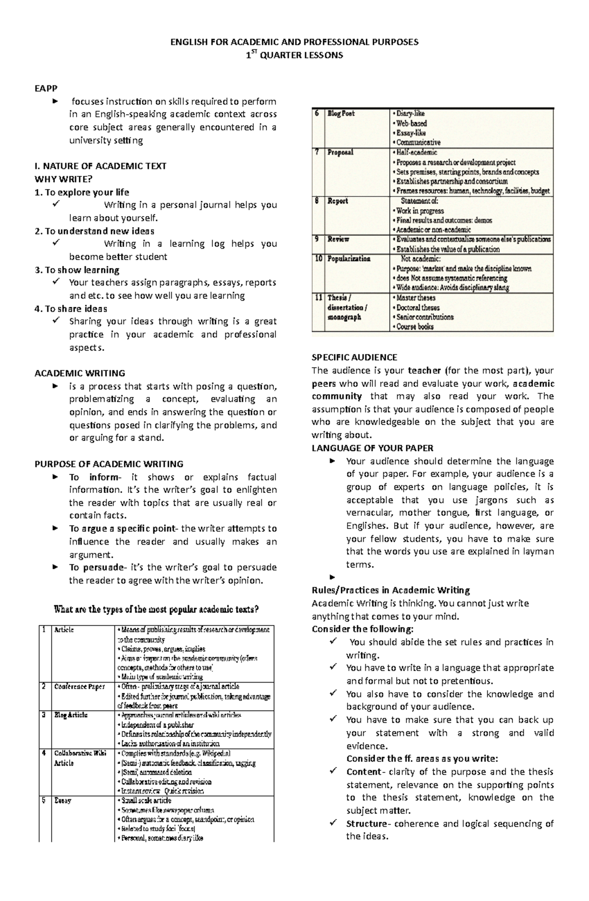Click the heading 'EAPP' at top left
46,88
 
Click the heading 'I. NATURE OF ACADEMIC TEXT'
100,166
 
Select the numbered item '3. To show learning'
77,270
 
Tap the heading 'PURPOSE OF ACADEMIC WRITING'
108,464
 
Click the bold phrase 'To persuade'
96,567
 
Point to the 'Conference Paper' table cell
79,686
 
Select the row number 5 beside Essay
44,800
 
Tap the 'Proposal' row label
340,152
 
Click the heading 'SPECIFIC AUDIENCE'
354,357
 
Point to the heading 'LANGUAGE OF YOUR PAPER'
372,448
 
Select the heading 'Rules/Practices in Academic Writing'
390,590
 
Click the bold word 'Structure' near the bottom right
366,823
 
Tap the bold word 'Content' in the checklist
363,771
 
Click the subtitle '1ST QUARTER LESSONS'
294,55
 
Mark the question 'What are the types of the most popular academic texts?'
156,609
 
